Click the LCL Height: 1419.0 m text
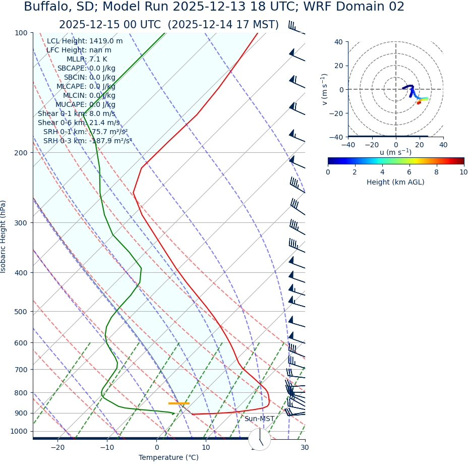[x=84, y=41]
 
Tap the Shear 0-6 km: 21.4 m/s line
[x=79, y=123]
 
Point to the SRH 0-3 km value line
[x=87, y=141]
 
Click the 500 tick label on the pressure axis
[x=21, y=312]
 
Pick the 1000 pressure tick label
[x=19, y=432]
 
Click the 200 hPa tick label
[x=21, y=153]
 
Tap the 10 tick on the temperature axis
[x=206, y=448]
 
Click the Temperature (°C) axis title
[x=168, y=458]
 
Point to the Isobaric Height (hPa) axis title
[x=4, y=237]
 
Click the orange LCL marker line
[x=179, y=403]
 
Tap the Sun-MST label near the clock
[x=259, y=419]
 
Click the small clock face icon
[x=260, y=439]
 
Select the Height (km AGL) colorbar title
[x=395, y=183]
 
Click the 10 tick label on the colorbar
[x=463, y=172]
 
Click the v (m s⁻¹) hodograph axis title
[x=325, y=89]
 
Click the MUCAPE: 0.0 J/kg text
[x=86, y=105]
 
